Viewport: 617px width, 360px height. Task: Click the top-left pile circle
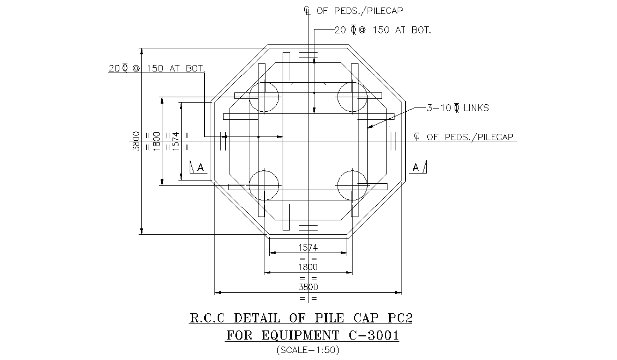tap(264, 97)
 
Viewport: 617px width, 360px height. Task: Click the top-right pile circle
tap(351, 97)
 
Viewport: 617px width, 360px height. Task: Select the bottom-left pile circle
tap(264, 185)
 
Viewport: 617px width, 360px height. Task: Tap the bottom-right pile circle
tap(351, 185)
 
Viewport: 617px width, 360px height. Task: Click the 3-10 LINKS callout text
tap(457, 108)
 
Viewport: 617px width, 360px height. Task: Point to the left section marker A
tap(198, 168)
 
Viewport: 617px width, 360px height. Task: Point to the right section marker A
tap(418, 167)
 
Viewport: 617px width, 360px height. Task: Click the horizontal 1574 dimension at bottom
tap(308, 248)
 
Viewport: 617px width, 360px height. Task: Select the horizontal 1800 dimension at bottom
tap(308, 267)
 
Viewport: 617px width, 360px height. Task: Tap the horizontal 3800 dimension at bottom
tap(308, 287)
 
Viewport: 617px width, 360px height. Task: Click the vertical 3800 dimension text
tap(137, 141)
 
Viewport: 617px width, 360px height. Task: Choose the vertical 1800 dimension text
tap(156, 141)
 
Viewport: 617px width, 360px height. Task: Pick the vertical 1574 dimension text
tap(176, 141)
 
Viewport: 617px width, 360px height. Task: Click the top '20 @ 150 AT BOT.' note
tap(382, 31)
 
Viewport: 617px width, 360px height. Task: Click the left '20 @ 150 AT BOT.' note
tap(156, 69)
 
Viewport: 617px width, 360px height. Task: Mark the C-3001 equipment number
tap(371, 336)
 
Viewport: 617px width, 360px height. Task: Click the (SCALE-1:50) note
tap(308, 350)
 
